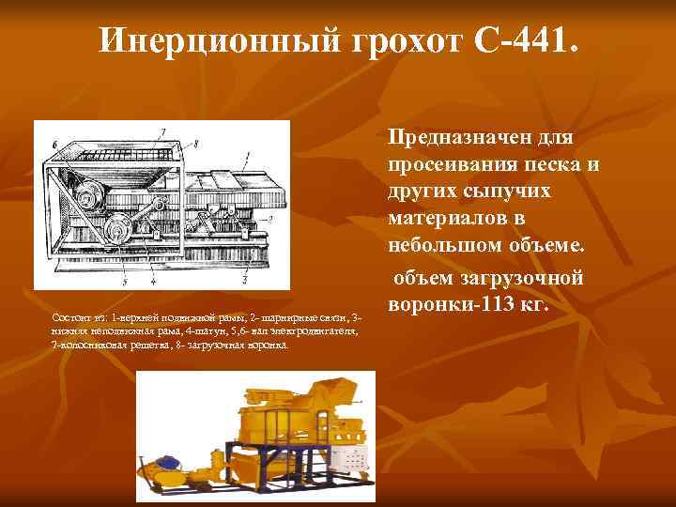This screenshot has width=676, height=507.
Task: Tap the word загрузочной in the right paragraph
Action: point(518,279)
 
